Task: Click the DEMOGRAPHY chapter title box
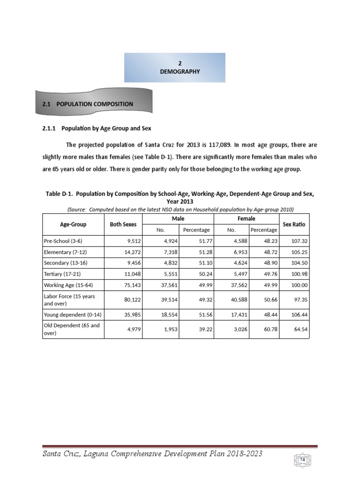tap(174, 67)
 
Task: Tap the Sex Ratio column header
tap(293, 225)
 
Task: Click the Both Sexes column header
tap(123, 225)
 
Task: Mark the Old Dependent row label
tap(71, 329)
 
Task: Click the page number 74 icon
tap(302, 460)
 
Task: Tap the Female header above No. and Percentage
tap(246, 219)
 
